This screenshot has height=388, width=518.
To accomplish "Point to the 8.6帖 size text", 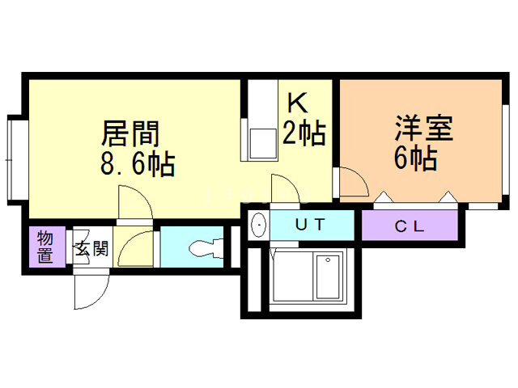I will click(137, 164).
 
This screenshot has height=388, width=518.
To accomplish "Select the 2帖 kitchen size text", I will click(304, 132).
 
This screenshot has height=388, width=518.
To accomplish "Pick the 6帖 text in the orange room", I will click(416, 158).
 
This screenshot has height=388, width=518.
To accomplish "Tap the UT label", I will click(312, 226).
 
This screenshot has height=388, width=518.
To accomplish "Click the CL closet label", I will click(410, 226).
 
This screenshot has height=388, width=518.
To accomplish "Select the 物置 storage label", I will click(45, 247).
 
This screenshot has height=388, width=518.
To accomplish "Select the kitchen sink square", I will click(261, 143).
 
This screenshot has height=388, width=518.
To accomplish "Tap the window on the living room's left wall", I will click(15, 158).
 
